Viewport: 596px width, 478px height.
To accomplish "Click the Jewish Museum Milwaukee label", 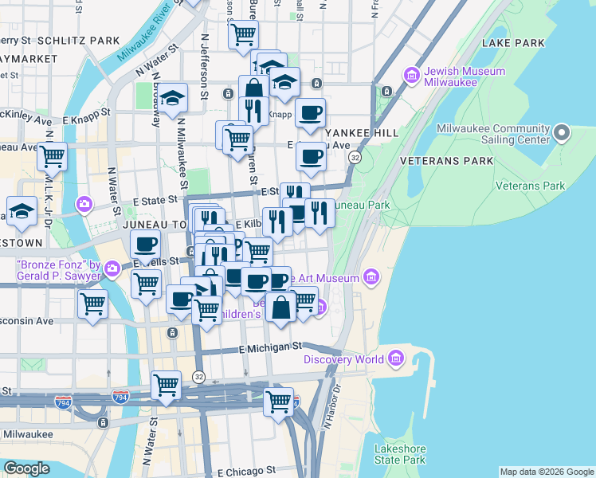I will [x=465, y=76].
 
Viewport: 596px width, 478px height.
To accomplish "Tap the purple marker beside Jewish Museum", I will [x=412, y=76].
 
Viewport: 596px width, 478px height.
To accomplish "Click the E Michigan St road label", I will [x=272, y=348].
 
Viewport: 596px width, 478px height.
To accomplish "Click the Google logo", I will [x=26, y=468].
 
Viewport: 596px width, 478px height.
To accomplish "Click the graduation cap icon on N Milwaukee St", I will [x=172, y=98].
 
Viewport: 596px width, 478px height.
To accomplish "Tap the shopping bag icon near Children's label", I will [x=280, y=307].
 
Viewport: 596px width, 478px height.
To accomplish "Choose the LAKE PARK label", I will [x=518, y=43].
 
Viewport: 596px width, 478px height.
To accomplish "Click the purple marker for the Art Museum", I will [x=370, y=277].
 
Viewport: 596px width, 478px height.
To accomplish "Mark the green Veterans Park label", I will [x=530, y=186].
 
